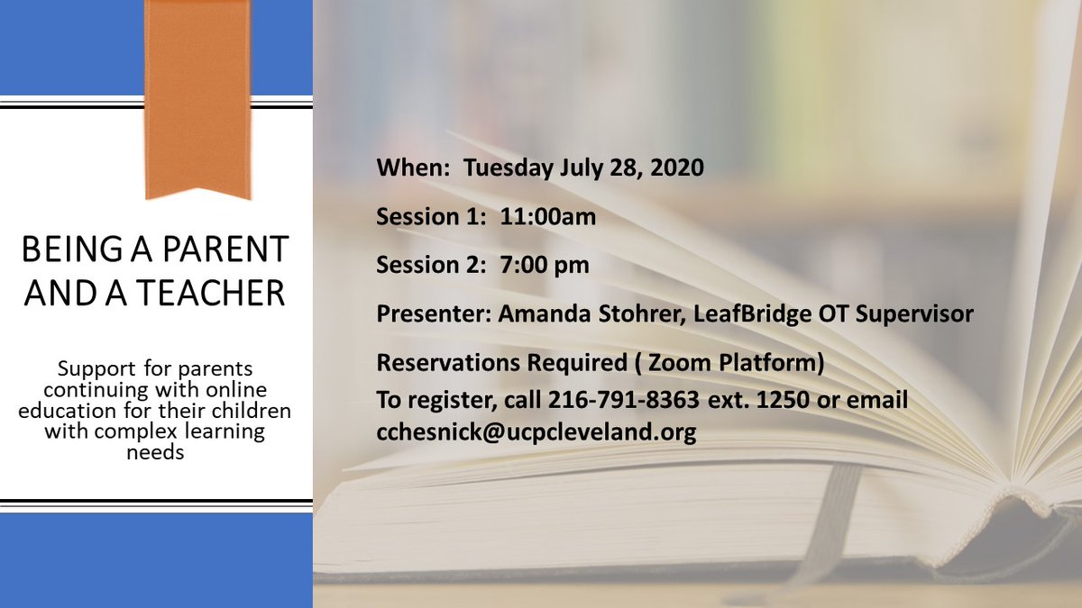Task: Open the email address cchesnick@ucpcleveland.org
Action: click(536, 432)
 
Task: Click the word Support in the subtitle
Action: click(91, 370)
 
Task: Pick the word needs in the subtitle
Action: click(157, 452)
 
